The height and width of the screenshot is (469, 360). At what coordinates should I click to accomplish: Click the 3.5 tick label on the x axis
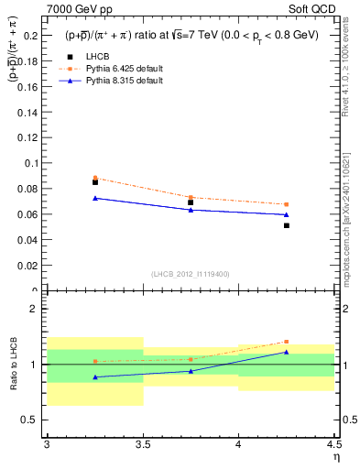point(142,444)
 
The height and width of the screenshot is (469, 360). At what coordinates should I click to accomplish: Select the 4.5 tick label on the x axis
point(333,444)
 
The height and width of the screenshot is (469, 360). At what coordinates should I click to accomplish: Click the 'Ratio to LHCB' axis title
point(14,365)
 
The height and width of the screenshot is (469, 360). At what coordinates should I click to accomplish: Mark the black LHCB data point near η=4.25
point(287,225)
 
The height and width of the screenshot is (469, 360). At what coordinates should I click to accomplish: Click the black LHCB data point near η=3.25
point(95,182)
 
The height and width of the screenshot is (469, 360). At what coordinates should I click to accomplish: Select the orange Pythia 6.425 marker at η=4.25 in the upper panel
point(287,204)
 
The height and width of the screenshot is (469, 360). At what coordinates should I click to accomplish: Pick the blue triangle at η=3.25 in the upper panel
point(95,198)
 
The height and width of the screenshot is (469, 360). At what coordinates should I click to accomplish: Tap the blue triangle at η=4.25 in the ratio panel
point(287,352)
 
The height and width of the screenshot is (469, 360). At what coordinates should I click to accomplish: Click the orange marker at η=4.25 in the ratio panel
point(287,342)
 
